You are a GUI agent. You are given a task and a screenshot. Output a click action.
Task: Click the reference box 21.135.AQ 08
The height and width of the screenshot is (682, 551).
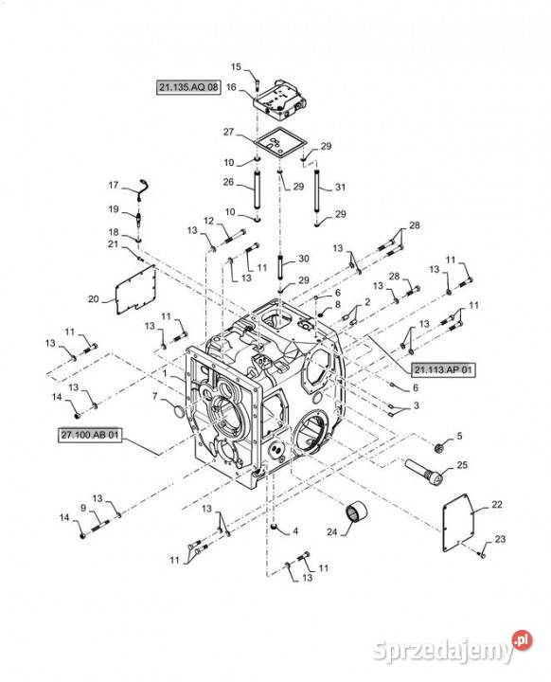188,87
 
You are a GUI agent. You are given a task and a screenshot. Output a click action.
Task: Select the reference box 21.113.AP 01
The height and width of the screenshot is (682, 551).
443,370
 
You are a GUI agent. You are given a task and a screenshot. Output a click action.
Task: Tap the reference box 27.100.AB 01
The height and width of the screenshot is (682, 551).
90,435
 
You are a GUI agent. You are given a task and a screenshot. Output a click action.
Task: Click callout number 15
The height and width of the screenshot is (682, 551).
236,67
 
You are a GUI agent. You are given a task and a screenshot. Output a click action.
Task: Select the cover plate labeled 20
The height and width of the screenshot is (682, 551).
135,289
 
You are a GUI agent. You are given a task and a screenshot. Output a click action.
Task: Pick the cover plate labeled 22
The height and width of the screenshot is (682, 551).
461,523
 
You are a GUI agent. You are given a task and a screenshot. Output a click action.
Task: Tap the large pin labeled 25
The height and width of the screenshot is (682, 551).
424,470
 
